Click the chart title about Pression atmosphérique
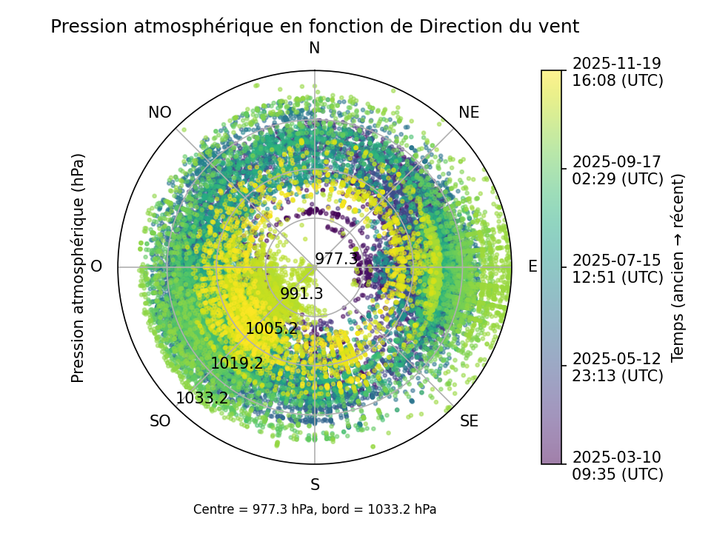(315, 27)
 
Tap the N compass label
(315, 49)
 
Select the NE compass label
(469, 113)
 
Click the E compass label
(532, 267)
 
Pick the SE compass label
(469, 422)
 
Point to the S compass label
(315, 486)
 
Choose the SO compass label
(160, 422)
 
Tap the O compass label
(96, 267)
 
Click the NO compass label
(160, 113)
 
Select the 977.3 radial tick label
(336, 259)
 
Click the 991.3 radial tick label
(301, 294)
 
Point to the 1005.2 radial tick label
(271, 329)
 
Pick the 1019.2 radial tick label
(236, 363)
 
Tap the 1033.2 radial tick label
(201, 398)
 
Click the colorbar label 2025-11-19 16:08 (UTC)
(617, 72)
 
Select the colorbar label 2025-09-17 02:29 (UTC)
(617, 170)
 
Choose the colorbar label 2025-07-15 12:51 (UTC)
(617, 269)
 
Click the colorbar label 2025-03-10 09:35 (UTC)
(617, 466)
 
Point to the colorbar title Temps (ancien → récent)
(678, 267)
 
